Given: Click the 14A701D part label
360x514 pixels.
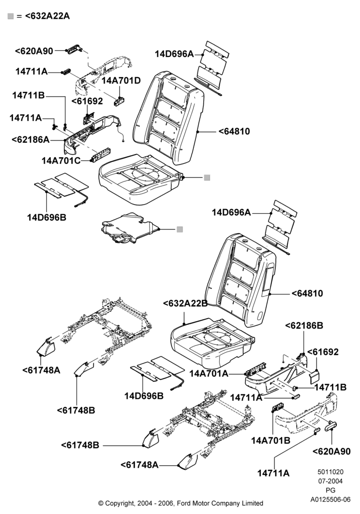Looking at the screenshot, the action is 121,80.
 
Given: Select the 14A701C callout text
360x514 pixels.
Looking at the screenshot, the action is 61,160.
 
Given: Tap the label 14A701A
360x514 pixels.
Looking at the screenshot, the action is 208,373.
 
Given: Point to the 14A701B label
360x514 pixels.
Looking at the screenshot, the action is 271,440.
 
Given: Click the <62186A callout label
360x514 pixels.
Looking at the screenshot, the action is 30,139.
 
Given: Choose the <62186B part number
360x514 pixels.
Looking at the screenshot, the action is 304,325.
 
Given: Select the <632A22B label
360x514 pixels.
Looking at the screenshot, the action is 185,303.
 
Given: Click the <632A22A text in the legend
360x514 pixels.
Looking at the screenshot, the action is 47,16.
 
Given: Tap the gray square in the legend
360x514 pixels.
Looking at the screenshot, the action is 10,16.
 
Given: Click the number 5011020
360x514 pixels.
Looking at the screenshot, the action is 330,472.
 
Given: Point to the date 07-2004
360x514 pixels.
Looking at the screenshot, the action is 330,481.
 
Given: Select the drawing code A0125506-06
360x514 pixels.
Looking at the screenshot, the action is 330,499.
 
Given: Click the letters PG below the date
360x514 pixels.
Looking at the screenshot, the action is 330,490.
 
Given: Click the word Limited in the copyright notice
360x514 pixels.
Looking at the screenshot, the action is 251,503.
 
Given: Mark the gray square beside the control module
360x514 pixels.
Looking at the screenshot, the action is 179,229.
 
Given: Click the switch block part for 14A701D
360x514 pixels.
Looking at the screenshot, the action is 119,101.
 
